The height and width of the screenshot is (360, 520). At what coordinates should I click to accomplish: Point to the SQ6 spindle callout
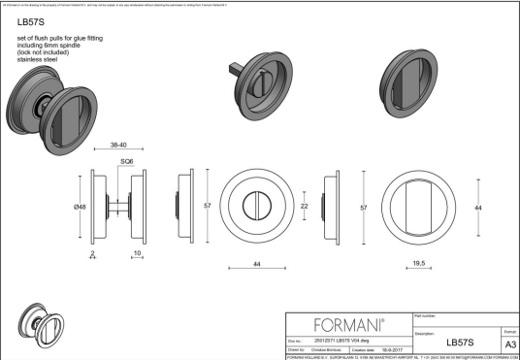coord(126,162)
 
